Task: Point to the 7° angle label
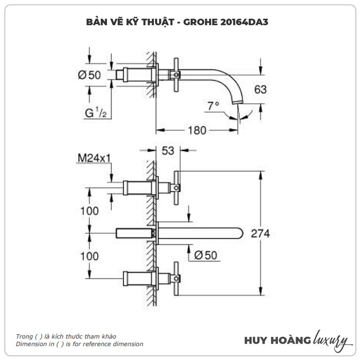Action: [213, 106]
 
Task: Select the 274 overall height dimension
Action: [261, 234]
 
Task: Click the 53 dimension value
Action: [168, 151]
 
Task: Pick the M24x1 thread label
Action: [93, 158]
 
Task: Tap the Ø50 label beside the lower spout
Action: [206, 255]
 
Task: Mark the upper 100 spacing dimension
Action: [89, 211]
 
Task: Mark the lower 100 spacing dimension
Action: [89, 256]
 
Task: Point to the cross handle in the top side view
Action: [176, 75]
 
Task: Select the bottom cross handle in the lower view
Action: [176, 278]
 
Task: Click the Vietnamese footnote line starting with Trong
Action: [66, 336]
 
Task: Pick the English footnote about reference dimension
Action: [79, 344]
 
